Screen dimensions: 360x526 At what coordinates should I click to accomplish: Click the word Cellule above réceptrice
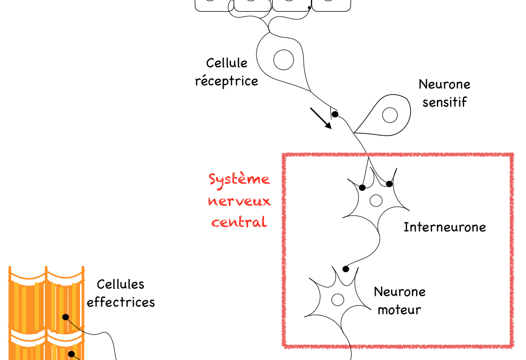click(x=227, y=63)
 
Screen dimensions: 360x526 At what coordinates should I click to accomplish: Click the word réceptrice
click(x=226, y=81)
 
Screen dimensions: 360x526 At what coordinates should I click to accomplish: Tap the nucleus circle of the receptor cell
click(x=284, y=59)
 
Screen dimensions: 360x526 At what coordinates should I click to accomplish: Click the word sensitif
click(x=444, y=102)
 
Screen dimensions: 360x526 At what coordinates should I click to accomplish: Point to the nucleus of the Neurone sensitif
click(x=390, y=115)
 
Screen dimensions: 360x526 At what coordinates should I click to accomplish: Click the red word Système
click(x=239, y=179)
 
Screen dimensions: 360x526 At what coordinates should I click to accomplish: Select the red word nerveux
click(x=239, y=201)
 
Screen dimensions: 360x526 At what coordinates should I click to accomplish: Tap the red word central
click(x=239, y=222)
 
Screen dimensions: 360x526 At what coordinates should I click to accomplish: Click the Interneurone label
click(x=444, y=227)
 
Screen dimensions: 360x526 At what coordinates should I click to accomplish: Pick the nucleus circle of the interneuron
click(x=376, y=201)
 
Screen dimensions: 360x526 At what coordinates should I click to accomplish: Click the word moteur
click(x=399, y=309)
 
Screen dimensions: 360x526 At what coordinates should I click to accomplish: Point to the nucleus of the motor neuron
click(x=337, y=300)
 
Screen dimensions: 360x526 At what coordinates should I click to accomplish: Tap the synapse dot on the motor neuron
click(x=346, y=269)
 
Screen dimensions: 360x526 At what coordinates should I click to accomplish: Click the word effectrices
click(x=121, y=302)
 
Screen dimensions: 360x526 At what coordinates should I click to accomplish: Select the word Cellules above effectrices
click(x=121, y=285)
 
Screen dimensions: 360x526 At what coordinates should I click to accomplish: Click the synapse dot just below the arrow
click(x=335, y=114)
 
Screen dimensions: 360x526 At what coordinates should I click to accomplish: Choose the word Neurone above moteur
click(x=400, y=292)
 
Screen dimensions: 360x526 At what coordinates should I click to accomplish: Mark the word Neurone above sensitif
click(x=444, y=84)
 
